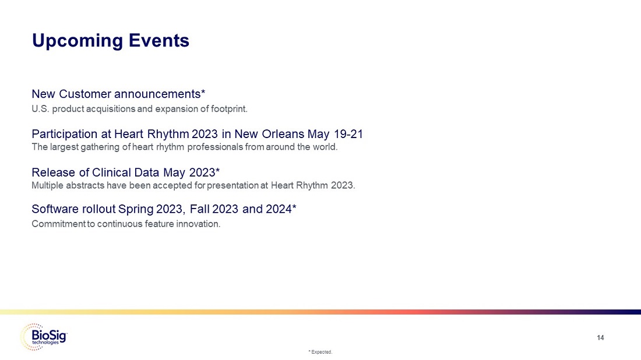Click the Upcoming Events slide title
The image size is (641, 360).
click(110, 41)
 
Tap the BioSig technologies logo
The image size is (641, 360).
click(44, 337)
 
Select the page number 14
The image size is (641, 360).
click(600, 337)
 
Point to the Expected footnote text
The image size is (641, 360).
click(320, 352)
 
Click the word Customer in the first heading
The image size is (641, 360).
click(85, 94)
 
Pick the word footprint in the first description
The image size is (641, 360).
click(229, 109)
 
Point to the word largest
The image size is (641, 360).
click(64, 147)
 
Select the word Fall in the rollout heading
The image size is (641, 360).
click(199, 209)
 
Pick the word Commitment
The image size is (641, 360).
click(58, 224)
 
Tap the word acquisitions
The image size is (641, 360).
click(110, 109)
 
